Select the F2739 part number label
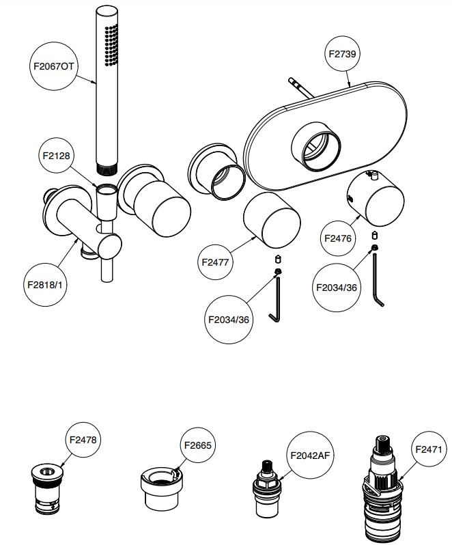tap(341, 55)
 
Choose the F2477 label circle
tap(218, 260)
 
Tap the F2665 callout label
tap(199, 445)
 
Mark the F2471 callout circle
tap(429, 449)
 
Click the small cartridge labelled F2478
tap(47, 489)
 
